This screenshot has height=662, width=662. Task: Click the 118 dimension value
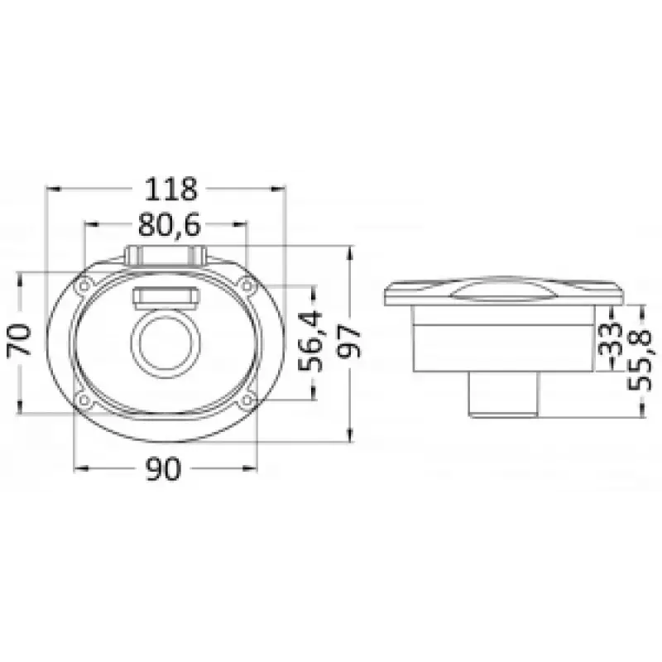pos(171,189)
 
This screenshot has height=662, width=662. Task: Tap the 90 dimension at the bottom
pos(163,468)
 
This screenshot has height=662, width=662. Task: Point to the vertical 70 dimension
pos(19,340)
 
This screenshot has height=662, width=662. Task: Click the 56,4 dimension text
pos(310,341)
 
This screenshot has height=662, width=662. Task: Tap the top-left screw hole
pos(84,285)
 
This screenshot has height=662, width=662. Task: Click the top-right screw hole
pos(247,285)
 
